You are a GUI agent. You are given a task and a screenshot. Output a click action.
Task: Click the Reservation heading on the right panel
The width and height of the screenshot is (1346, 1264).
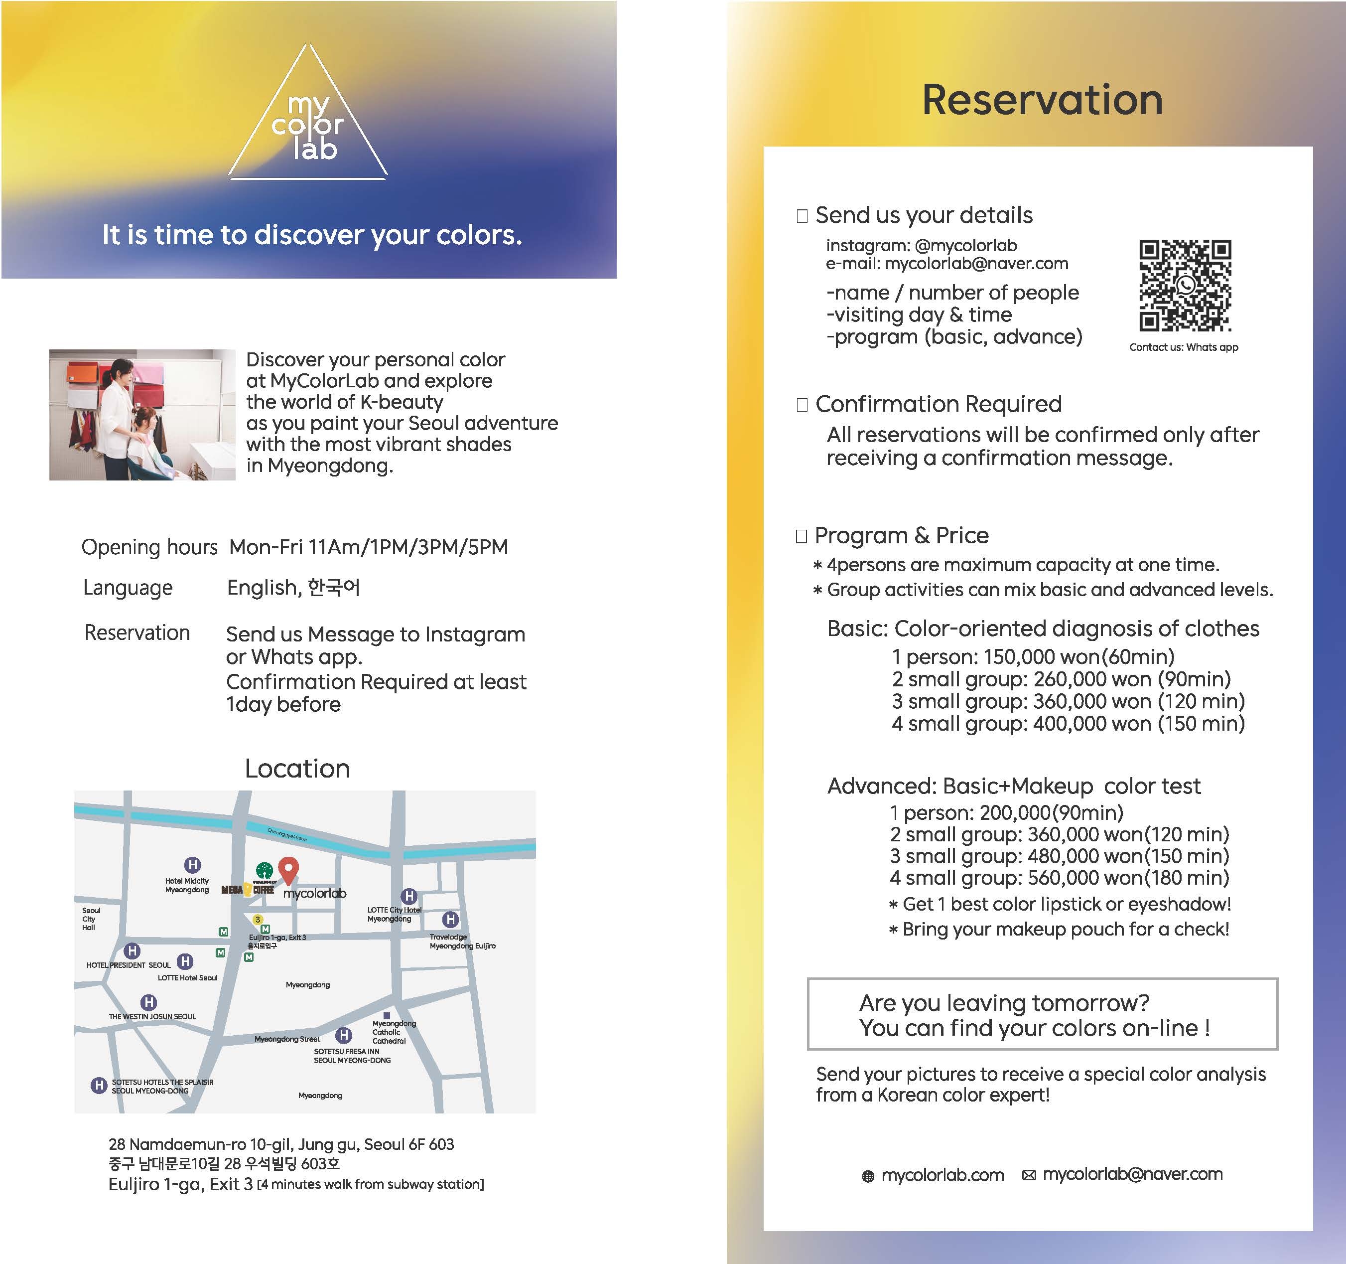tap(1042, 100)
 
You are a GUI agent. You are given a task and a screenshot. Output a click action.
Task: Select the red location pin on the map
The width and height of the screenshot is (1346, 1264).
tap(288, 870)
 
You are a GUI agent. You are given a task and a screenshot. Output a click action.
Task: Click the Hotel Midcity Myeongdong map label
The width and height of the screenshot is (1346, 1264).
tap(187, 885)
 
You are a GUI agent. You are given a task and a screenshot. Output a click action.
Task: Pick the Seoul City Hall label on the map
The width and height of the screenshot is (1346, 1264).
tap(91, 919)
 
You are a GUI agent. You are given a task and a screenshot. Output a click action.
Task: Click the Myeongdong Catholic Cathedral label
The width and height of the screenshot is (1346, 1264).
tap(394, 1032)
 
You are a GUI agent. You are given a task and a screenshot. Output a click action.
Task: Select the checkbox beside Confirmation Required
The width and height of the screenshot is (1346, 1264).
tap(803, 405)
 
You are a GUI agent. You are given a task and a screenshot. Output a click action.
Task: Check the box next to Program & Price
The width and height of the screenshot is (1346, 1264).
tap(802, 536)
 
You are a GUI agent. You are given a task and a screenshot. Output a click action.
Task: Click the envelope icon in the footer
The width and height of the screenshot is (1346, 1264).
tap(1029, 1176)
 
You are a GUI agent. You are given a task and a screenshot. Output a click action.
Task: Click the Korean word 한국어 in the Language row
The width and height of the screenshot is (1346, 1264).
tap(334, 587)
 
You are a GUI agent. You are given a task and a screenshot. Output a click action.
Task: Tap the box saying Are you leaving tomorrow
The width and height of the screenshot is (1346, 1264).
tap(1042, 1014)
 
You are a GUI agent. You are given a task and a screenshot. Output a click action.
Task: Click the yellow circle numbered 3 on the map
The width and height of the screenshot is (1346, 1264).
tap(257, 919)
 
